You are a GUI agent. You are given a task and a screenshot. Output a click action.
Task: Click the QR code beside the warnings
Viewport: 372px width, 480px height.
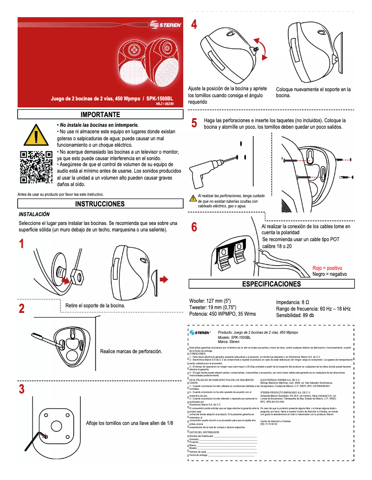36,167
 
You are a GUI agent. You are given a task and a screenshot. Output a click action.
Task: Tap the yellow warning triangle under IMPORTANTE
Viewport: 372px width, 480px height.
36,135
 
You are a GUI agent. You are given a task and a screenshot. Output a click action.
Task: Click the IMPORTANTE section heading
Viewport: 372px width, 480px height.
100,114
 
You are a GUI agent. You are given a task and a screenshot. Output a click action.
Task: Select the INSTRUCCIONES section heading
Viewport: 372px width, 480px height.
100,204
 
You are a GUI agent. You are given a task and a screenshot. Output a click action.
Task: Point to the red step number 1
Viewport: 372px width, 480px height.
21,244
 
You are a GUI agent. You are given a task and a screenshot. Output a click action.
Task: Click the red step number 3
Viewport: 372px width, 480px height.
21,389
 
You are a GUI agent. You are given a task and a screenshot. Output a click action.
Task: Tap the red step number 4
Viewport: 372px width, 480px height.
195,25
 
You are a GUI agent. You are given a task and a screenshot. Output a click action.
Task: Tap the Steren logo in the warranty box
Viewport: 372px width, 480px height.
200,332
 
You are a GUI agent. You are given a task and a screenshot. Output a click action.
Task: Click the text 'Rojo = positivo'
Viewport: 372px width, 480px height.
327,268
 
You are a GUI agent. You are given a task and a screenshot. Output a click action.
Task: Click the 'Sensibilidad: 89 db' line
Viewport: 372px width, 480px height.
295,315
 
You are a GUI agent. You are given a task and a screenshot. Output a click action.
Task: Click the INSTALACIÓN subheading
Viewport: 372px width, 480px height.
34,215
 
